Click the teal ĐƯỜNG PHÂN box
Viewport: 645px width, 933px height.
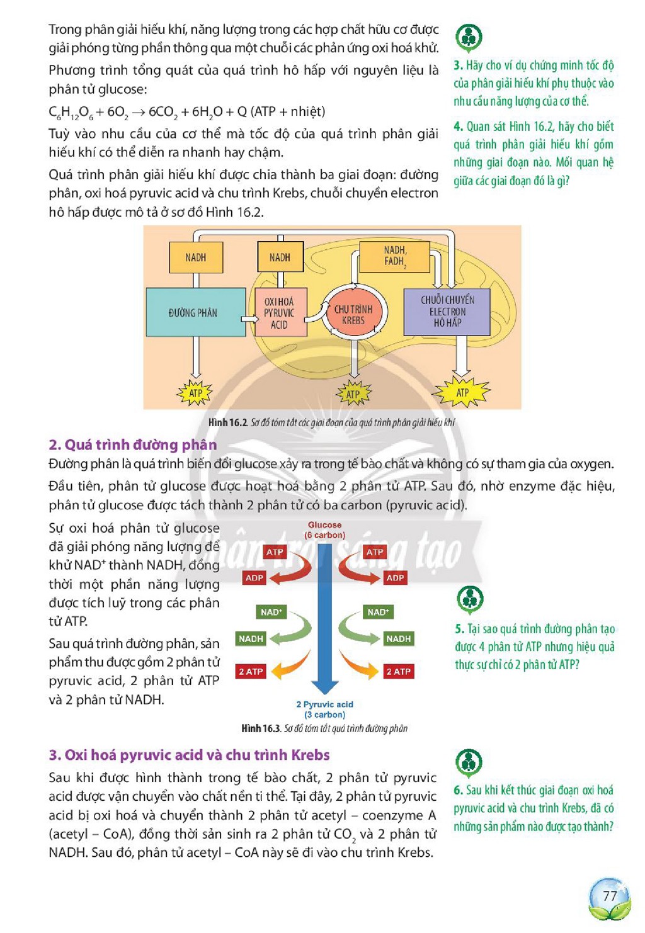click(195, 312)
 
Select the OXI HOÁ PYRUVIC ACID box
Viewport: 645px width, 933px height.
click(281, 312)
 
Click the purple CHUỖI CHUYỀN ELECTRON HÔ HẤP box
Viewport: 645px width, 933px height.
click(447, 312)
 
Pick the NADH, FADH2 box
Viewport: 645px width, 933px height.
click(394, 257)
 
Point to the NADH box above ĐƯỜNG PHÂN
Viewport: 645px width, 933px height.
click(196, 257)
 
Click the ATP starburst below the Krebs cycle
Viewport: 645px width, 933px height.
click(353, 393)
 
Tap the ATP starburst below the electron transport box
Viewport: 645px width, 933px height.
click(461, 392)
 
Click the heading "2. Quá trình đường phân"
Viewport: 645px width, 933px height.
click(133, 445)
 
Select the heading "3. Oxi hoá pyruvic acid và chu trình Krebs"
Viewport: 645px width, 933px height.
click(189, 755)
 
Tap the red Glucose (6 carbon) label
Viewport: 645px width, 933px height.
click(324, 530)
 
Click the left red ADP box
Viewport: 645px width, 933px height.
click(254, 578)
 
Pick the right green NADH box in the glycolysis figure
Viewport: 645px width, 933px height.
click(398, 638)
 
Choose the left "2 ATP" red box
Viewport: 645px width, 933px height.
click(251, 672)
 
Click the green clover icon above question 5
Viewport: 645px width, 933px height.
click(470, 599)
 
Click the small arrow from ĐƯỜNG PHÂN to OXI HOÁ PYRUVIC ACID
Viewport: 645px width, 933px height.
click(249, 319)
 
